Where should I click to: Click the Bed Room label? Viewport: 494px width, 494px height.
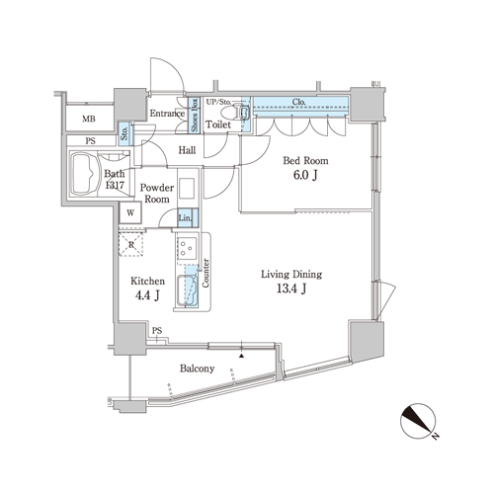[305, 161]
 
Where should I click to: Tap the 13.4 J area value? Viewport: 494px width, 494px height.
[291, 288]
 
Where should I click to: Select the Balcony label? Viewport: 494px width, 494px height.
[197, 369]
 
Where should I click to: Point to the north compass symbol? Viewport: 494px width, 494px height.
[418, 421]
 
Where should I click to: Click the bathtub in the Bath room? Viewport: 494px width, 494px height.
[85, 173]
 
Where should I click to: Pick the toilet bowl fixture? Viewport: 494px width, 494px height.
[235, 113]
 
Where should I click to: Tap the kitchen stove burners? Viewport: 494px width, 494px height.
[188, 248]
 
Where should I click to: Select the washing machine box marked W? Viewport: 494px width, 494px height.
[130, 212]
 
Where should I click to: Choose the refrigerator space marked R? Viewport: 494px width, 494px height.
[131, 244]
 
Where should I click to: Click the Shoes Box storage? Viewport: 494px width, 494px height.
[195, 115]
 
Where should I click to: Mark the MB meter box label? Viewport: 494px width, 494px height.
[89, 119]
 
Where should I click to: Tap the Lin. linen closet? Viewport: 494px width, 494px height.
[188, 217]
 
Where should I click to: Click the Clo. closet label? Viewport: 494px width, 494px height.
[298, 102]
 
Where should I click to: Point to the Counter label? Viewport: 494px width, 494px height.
[206, 273]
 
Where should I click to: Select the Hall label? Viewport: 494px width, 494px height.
[187, 150]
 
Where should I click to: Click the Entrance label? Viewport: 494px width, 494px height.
[167, 114]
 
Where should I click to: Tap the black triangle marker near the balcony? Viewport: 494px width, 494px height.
[242, 356]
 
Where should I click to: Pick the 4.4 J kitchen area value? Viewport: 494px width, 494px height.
[147, 295]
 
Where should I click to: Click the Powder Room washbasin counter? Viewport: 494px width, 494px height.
[187, 188]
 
